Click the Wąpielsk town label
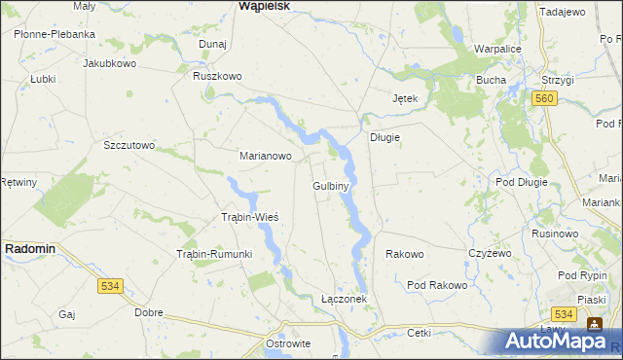click(x=264, y=6)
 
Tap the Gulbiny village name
click(x=331, y=185)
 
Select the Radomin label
click(x=29, y=249)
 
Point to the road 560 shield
click(x=544, y=99)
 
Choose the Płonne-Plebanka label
click(x=55, y=34)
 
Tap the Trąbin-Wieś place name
click(x=250, y=217)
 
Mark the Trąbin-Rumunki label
click(x=214, y=255)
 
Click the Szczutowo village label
click(x=129, y=145)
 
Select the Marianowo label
click(x=266, y=155)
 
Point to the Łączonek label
click(x=344, y=299)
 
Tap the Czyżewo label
click(x=490, y=253)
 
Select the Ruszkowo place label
click(x=217, y=76)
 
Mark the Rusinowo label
click(x=555, y=234)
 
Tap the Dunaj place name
click(x=212, y=45)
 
